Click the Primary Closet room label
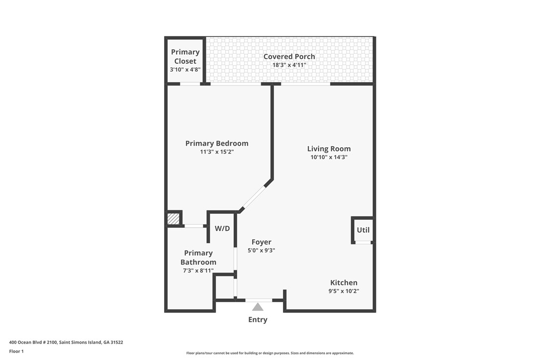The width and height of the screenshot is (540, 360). (x=185, y=56)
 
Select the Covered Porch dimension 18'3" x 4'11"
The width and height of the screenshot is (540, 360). (x=289, y=65)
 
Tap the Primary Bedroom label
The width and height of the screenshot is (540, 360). (x=217, y=143)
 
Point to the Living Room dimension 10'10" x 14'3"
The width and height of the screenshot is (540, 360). (x=329, y=157)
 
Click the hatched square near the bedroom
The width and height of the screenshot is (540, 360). (x=173, y=218)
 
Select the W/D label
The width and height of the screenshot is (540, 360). (x=222, y=229)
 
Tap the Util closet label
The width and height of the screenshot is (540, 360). (x=363, y=230)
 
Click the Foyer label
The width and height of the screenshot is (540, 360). (x=261, y=242)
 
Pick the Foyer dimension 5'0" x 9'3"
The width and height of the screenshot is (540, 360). (x=261, y=251)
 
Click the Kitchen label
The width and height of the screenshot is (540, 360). (x=344, y=282)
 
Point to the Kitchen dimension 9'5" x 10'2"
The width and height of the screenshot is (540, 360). (x=344, y=291)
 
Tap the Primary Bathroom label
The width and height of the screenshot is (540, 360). (x=198, y=258)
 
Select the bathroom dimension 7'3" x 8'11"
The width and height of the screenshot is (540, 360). (x=198, y=271)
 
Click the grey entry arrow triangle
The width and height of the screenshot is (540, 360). (x=258, y=307)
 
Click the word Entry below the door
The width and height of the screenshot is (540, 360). (x=258, y=320)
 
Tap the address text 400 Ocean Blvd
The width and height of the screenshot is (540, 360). (x=66, y=342)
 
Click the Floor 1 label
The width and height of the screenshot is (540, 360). (x=16, y=351)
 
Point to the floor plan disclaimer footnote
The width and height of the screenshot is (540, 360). (x=270, y=353)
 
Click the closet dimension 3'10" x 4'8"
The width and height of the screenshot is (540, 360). (x=185, y=70)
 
